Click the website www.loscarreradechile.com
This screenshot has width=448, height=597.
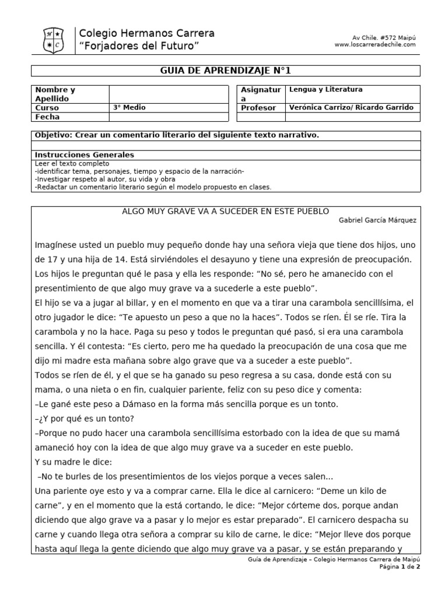(376, 44)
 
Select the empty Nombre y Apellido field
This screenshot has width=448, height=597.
(168, 94)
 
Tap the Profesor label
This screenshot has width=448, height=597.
(258, 108)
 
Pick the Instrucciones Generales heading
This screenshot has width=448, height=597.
(85, 155)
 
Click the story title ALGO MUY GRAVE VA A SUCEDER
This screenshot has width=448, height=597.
(225, 211)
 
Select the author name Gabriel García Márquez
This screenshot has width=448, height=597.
(378, 220)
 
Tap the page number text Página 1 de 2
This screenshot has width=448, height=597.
(400, 567)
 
